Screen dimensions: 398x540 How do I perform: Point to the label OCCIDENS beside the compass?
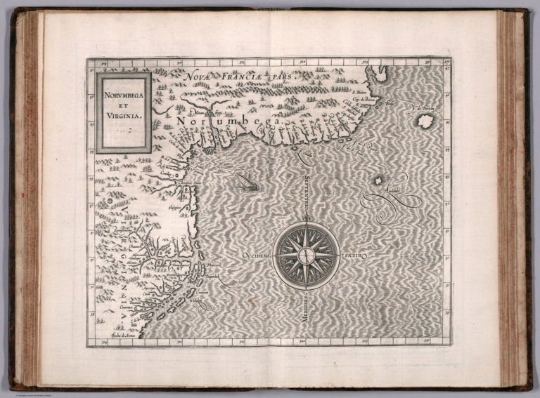pyautogui.click(x=257, y=256)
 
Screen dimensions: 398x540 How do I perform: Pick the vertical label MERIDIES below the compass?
pyautogui.click(x=307, y=307)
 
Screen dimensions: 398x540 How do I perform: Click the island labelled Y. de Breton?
pyautogui.click(x=424, y=121)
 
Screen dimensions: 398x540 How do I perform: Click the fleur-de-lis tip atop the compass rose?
pyautogui.click(x=307, y=224)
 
